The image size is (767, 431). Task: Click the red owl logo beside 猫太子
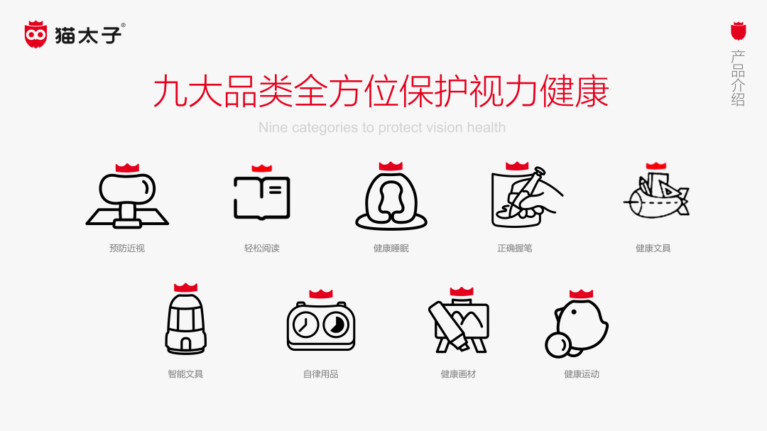(36, 34)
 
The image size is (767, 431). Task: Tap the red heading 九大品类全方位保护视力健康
(381, 92)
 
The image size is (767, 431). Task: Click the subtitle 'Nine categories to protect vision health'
(382, 128)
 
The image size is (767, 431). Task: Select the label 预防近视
(127, 249)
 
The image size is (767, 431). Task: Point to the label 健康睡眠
(391, 249)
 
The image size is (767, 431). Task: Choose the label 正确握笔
(515, 249)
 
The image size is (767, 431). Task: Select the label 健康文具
(653, 249)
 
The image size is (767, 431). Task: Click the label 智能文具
(185, 373)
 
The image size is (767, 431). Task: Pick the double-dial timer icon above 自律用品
(321, 325)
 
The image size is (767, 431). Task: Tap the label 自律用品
(321, 373)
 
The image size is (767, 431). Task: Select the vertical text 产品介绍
(739, 78)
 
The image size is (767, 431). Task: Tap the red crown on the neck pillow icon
(391, 166)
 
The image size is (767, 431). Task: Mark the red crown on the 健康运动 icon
(581, 293)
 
